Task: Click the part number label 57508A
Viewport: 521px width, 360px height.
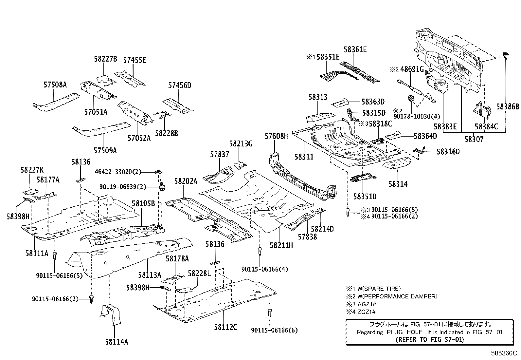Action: tap(55, 85)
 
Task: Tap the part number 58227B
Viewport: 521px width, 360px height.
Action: tap(105, 59)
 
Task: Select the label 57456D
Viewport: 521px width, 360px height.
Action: tap(180, 85)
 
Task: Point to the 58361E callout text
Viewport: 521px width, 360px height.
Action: tap(355, 49)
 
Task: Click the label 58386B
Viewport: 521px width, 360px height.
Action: tap(508, 106)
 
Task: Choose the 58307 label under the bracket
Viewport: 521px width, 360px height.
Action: tap(474, 139)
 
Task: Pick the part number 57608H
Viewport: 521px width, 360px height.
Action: tap(276, 136)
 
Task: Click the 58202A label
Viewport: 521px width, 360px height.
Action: tap(186, 181)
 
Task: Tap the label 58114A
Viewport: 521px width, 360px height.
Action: tap(116, 342)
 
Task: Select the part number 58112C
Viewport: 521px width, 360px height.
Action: tap(225, 327)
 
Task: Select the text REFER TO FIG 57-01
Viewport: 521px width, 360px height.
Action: tap(429, 339)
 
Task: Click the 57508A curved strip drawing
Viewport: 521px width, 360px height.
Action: tap(56, 102)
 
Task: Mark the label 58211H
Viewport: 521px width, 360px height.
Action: tap(281, 245)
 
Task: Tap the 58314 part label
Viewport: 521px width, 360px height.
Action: tap(398, 184)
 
